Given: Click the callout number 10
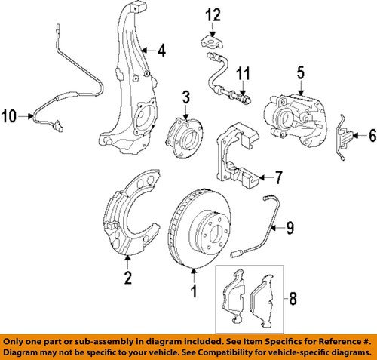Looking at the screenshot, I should click(x=8, y=115).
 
